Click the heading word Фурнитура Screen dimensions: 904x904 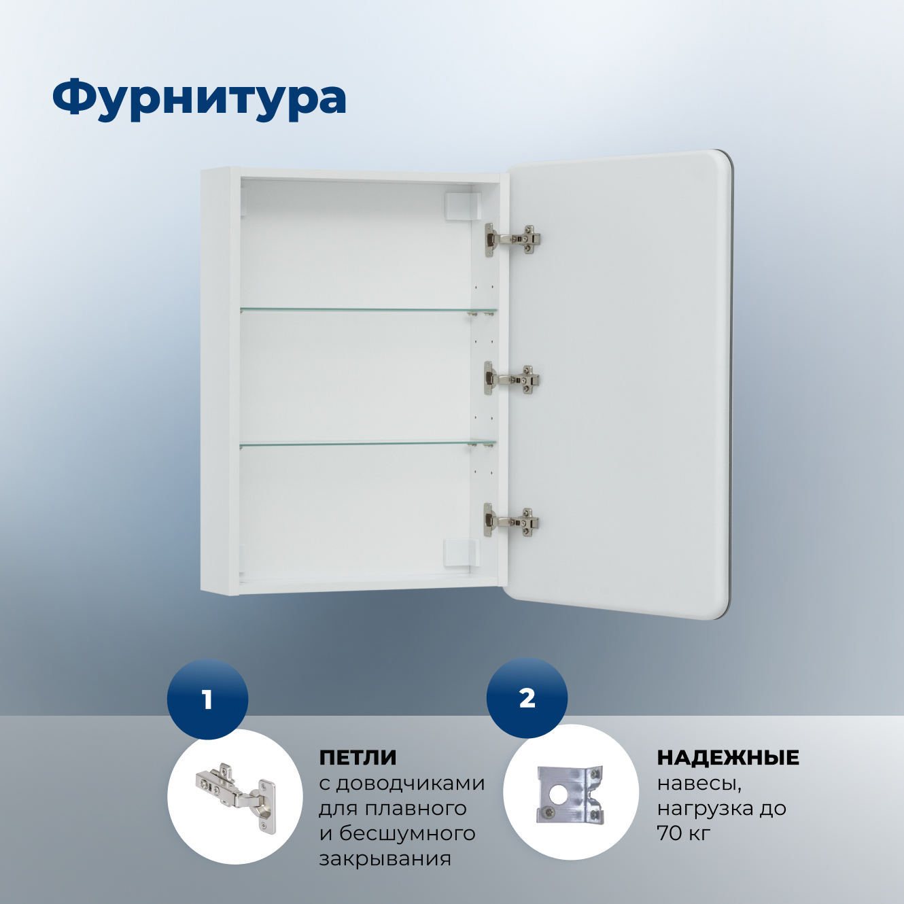[199, 98]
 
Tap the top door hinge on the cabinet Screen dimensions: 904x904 [512, 240]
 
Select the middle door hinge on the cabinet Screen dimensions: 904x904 [511, 379]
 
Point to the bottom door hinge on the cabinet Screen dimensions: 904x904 [511, 521]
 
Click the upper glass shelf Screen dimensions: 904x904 [367, 311]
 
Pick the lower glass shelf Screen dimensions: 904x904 [367, 444]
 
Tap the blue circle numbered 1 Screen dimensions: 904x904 [207, 699]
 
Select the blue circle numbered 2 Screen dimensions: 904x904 [527, 698]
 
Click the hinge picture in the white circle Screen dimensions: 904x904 [236, 796]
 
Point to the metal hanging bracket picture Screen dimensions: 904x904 [570, 794]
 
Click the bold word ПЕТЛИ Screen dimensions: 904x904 [358, 757]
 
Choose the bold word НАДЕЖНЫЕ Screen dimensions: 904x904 [728, 757]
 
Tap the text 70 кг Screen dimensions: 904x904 [683, 833]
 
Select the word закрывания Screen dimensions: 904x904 [385, 858]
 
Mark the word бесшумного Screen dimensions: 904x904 [406, 833]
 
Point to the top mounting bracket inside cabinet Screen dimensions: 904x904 [462, 206]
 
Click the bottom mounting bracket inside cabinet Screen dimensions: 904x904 [462, 553]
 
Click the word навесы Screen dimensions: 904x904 [699, 783]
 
